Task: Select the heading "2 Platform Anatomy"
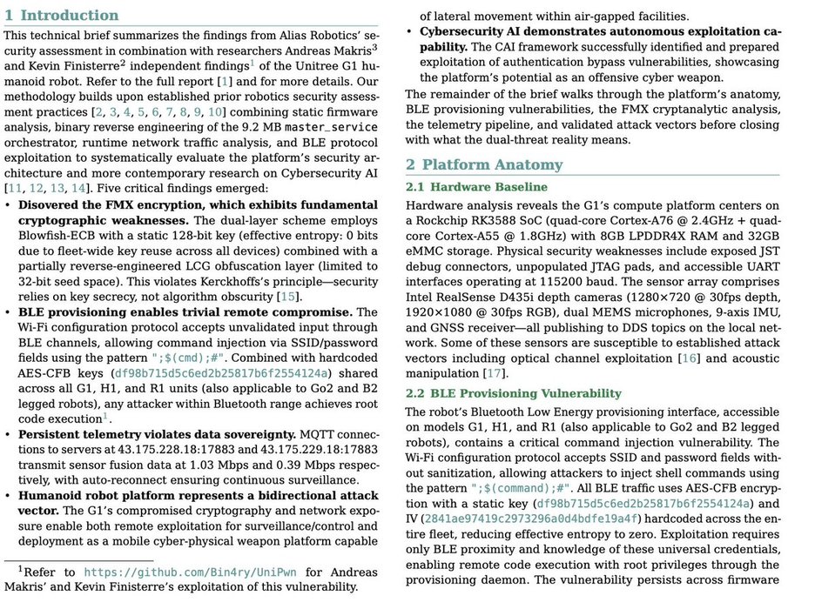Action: [x=484, y=164]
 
